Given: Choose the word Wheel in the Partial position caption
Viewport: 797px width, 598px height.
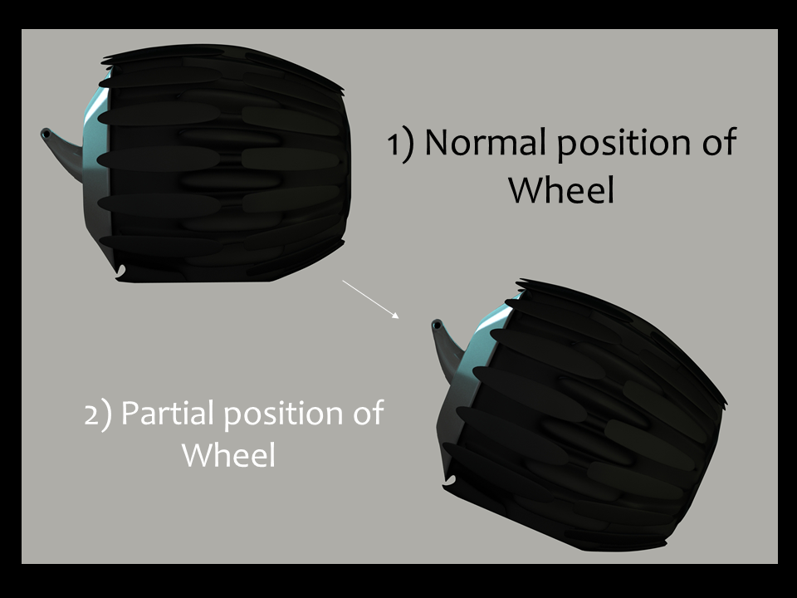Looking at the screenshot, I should tap(228, 455).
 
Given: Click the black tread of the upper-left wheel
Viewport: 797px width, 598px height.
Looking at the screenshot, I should tap(224, 166).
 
